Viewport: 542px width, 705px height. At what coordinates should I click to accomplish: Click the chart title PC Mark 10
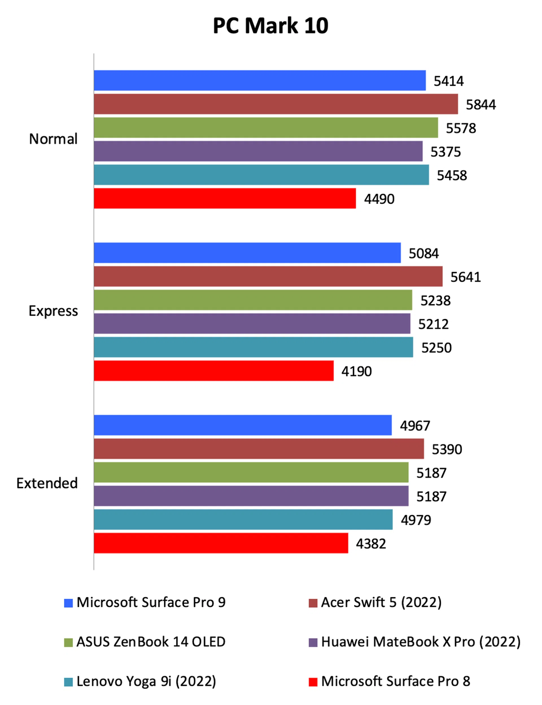click(270, 26)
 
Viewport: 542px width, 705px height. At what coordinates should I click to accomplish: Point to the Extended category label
click(47, 483)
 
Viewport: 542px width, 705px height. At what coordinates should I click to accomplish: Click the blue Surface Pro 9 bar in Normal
click(260, 80)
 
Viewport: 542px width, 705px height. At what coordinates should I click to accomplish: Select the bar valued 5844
click(276, 104)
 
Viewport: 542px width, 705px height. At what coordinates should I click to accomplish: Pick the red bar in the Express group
click(214, 371)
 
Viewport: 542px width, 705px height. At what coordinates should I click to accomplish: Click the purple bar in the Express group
click(252, 323)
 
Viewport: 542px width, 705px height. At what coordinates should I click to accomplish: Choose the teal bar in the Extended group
click(243, 520)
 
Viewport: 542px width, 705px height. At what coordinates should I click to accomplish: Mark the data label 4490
click(379, 199)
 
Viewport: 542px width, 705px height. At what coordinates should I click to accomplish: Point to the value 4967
click(415, 426)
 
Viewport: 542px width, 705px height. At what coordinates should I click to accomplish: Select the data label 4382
click(371, 544)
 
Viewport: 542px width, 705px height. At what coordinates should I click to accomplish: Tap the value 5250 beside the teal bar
click(436, 348)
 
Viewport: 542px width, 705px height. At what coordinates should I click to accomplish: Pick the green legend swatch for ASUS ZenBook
click(68, 642)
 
